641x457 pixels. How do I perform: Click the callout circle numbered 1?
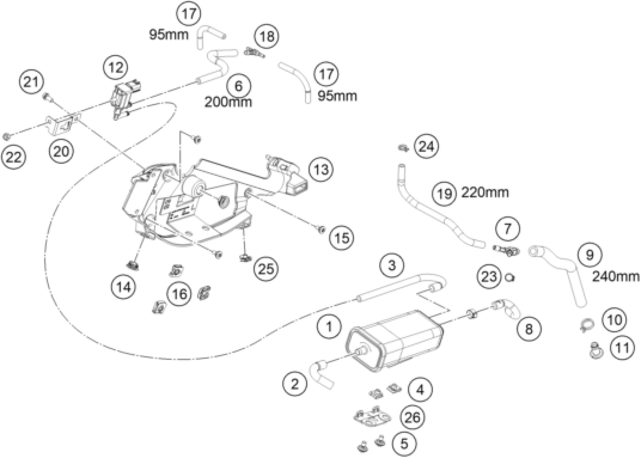coord(329,326)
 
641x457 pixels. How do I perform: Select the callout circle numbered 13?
coord(321,169)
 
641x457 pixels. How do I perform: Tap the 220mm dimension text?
coord(485,193)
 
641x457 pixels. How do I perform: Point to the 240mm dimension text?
coord(616,277)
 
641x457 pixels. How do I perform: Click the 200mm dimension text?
coord(228,102)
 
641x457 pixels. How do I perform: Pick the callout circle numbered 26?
coord(413,417)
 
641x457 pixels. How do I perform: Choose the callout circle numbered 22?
coord(13,157)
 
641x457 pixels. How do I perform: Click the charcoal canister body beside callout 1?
coord(395,341)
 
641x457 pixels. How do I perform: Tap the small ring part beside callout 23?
coord(510,278)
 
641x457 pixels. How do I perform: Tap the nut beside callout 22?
coord(6,137)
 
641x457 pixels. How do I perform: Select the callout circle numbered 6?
coord(238,85)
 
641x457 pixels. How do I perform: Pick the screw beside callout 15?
coord(321,230)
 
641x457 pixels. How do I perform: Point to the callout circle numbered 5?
coord(404,444)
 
